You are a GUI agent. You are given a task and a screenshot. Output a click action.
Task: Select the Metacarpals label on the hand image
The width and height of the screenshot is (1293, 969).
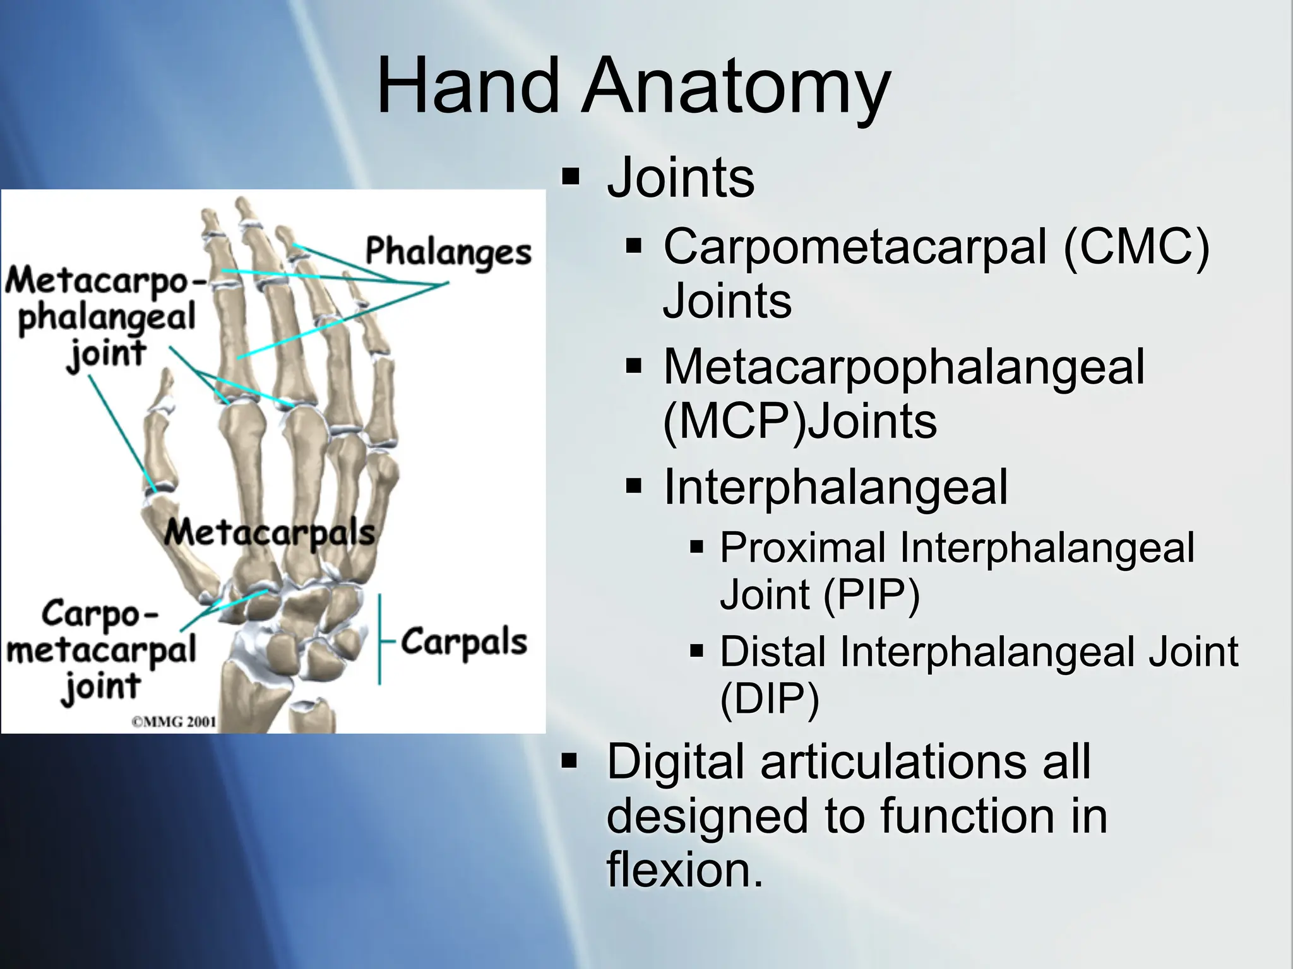(x=270, y=532)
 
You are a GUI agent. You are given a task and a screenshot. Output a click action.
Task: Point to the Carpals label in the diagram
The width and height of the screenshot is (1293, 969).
(x=464, y=642)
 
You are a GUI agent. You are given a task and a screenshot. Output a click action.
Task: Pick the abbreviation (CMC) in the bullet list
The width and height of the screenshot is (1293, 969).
(x=1136, y=247)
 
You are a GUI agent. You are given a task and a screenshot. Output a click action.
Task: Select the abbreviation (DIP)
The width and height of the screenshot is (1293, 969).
(x=770, y=698)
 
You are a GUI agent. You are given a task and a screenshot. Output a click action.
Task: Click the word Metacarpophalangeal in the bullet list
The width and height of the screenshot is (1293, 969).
(x=903, y=367)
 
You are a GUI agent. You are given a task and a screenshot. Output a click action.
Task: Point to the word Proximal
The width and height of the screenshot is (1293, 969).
(x=802, y=547)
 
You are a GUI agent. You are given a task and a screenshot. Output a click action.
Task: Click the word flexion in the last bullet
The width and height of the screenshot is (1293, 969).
(x=685, y=869)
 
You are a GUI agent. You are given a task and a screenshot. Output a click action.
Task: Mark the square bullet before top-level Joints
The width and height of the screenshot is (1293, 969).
(x=570, y=177)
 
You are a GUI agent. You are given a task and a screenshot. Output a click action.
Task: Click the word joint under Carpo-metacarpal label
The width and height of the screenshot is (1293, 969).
(x=101, y=687)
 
